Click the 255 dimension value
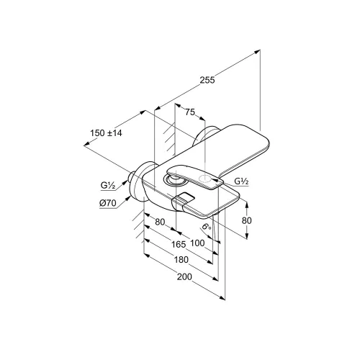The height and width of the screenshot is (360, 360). (x=207, y=80)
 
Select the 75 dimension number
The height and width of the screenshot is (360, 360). (x=190, y=112)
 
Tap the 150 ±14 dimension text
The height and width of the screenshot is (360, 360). (x=106, y=132)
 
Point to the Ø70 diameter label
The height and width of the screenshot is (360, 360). (x=108, y=203)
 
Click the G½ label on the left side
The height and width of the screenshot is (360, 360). (x=108, y=185)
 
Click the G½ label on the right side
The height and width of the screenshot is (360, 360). (x=241, y=181)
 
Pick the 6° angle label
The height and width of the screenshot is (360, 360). (x=207, y=226)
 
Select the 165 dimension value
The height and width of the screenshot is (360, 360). (x=179, y=244)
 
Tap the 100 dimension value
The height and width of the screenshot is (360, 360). (x=197, y=243)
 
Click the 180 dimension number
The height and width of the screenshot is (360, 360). (x=181, y=260)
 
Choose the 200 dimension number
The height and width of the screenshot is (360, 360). (x=184, y=276)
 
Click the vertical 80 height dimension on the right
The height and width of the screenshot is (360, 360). (x=247, y=220)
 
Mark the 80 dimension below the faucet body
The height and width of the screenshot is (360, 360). (x=160, y=222)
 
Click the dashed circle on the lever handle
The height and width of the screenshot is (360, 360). (x=205, y=179)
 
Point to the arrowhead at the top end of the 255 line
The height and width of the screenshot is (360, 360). (x=258, y=51)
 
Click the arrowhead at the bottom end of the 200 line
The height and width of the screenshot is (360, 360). (x=222, y=298)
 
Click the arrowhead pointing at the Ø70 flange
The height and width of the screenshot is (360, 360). (x=130, y=198)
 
